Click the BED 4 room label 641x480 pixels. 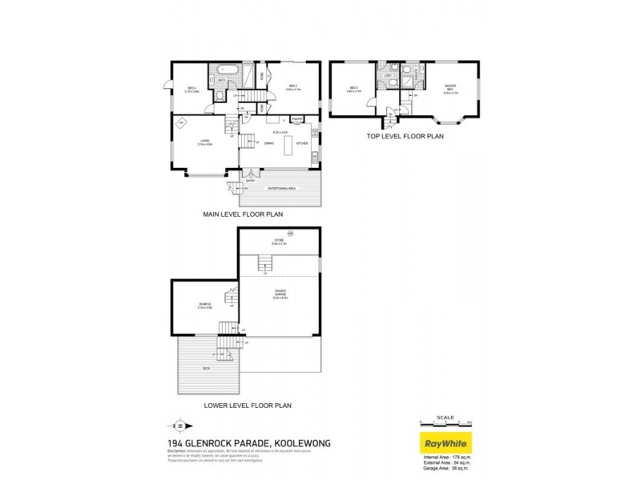point(191,87)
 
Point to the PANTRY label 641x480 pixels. point(296,121)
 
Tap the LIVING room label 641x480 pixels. point(205,142)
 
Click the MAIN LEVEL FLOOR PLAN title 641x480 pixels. point(242,214)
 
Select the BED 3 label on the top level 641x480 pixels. point(353,89)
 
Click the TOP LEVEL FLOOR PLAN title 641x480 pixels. point(405,136)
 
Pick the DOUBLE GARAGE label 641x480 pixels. point(280,293)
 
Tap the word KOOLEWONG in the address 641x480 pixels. point(298,442)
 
